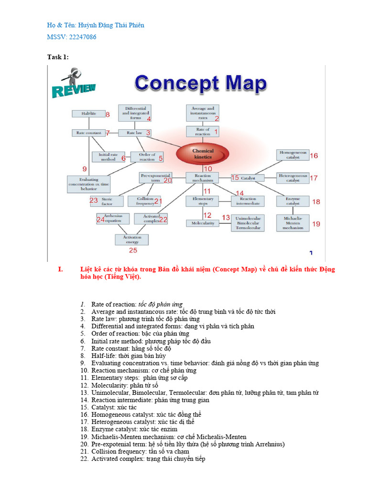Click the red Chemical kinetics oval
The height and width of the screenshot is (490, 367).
pyautogui.click(x=203, y=154)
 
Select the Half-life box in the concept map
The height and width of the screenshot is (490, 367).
pyautogui.click(x=88, y=114)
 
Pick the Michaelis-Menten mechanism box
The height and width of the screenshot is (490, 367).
pyautogui.click(x=293, y=223)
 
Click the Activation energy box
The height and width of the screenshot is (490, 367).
pyautogui.click(x=132, y=240)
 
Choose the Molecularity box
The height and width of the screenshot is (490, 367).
pyautogui.click(x=203, y=223)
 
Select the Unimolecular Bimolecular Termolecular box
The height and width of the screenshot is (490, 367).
pyautogui.click(x=248, y=223)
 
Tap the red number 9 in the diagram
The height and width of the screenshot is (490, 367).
pyautogui.click(x=85, y=169)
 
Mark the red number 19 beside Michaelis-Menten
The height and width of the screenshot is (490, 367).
pyautogui.click(x=316, y=223)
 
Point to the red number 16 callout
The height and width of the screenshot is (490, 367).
pyautogui.click(x=313, y=156)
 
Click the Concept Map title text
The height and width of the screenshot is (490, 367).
pyautogui.click(x=200, y=84)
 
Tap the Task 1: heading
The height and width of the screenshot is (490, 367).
pyautogui.click(x=58, y=57)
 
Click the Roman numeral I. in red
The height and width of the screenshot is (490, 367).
pyautogui.click(x=60, y=269)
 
